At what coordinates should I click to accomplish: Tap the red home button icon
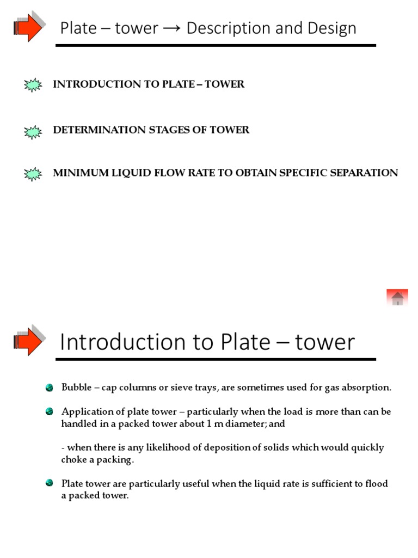pyautogui.click(x=397, y=298)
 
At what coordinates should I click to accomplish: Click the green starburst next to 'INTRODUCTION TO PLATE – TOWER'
pyautogui.click(x=33, y=85)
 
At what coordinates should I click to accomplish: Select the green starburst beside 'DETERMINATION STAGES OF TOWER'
pyautogui.click(x=33, y=131)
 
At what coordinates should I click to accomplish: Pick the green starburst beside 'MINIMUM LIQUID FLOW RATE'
pyautogui.click(x=33, y=174)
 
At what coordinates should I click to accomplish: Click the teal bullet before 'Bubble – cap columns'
pyautogui.click(x=50, y=387)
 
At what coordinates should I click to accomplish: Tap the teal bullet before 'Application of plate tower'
pyautogui.click(x=50, y=411)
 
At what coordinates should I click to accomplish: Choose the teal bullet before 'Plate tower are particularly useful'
pyautogui.click(x=50, y=483)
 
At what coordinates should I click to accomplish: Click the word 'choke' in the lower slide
pyautogui.click(x=73, y=459)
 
